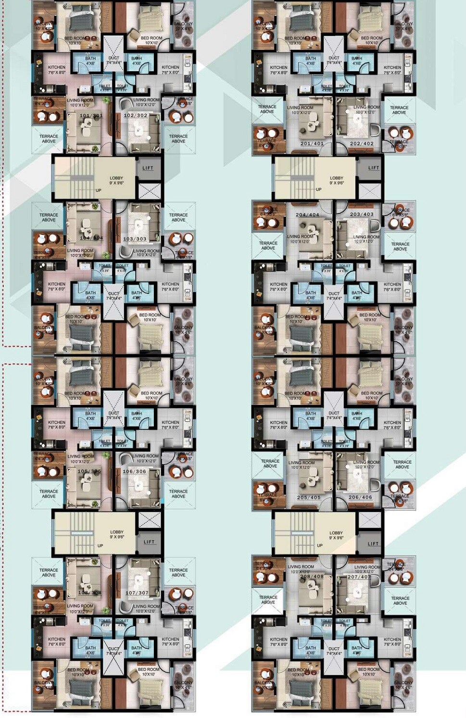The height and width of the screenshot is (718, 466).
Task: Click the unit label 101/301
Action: [91, 116]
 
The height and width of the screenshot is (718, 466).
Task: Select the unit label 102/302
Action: [136, 116]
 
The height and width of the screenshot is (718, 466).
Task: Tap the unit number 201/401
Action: [312, 143]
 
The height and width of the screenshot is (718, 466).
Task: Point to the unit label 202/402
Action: [362, 143]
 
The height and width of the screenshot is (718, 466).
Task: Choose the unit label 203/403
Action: [362, 214]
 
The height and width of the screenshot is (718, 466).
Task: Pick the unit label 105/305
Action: [89, 471]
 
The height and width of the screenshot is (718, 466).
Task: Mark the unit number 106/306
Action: [134, 471]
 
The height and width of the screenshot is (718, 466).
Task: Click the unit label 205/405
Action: [309, 497]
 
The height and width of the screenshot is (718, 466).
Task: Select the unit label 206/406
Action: [360, 497]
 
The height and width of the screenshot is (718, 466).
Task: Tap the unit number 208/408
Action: [312, 576]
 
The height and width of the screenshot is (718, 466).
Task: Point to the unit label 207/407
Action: [359, 576]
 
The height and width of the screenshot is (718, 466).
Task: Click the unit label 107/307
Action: [137, 593]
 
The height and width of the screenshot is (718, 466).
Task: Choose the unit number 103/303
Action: [135, 239]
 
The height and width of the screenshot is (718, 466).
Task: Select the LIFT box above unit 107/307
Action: [150, 542]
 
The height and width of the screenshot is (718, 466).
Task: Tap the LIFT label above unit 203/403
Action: [374, 168]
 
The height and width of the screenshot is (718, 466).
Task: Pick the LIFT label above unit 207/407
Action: [373, 543]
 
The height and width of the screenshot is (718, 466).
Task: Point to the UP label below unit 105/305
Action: [100, 545]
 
